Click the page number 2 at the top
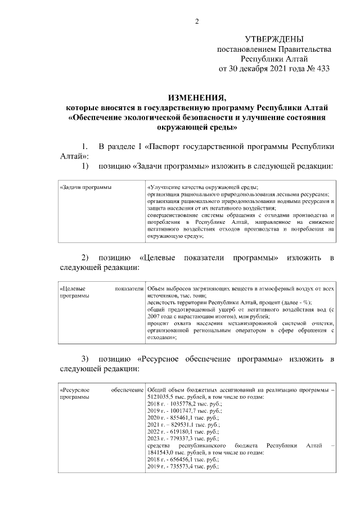[x=197, y=21]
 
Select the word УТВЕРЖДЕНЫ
[x=274, y=39]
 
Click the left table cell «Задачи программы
[x=85, y=187]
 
